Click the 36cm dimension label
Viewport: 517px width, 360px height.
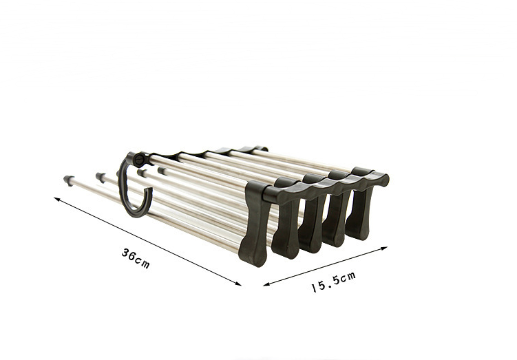[136, 258]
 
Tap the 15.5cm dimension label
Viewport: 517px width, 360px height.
[333, 282]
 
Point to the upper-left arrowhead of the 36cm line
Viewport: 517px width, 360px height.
[56, 199]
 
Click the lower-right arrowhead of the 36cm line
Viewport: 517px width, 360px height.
[238, 284]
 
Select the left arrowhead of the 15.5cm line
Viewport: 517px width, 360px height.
[266, 284]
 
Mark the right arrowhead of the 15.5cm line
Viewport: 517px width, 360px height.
[384, 248]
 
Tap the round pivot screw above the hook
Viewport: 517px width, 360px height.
[139, 159]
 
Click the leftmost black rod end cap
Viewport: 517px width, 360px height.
[69, 180]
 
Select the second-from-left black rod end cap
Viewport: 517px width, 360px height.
[101, 177]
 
